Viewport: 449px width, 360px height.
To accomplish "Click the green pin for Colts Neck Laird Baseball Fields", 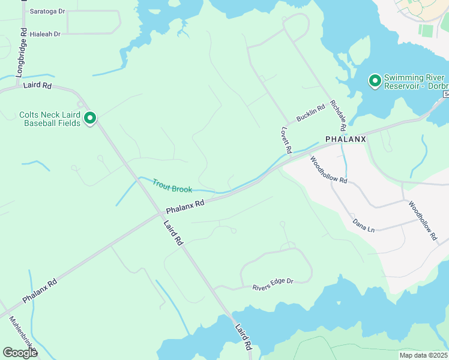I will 90,118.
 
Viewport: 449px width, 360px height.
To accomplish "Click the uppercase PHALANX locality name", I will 345,139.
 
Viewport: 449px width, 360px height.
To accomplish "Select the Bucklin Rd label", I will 310,113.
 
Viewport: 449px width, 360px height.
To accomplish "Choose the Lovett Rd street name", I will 286,139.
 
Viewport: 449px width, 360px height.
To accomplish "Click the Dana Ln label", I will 363,226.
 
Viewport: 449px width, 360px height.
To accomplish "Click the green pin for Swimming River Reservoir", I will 375,80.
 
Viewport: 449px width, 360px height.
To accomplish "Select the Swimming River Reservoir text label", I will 414,82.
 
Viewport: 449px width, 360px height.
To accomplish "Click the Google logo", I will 20,353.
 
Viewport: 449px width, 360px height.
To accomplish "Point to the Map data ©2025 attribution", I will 423,355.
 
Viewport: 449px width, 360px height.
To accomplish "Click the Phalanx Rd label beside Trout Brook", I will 185,206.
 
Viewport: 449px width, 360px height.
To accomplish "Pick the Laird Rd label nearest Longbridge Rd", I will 37,85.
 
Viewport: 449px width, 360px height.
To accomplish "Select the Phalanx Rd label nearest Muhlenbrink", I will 40,290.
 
